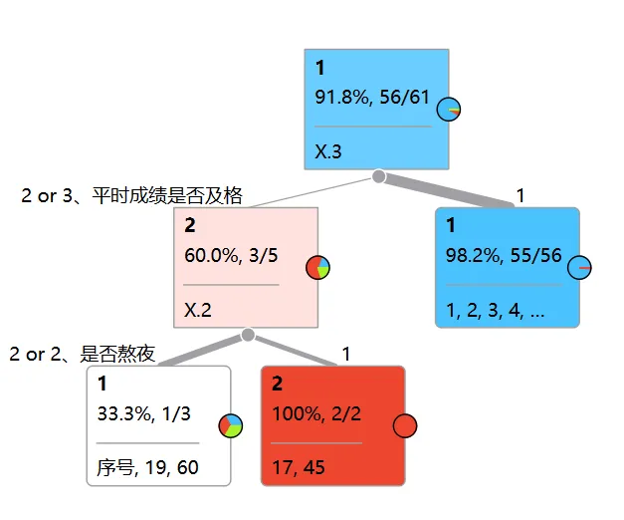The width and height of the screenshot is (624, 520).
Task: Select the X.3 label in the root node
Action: pyautogui.click(x=328, y=152)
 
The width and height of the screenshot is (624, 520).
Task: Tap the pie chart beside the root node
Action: pyautogui.click(x=449, y=109)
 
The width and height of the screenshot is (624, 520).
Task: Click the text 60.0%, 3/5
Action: pyautogui.click(x=231, y=254)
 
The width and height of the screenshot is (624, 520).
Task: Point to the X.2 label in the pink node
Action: pyautogui.click(x=198, y=310)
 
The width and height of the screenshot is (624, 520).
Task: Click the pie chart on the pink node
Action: pyautogui.click(x=318, y=267)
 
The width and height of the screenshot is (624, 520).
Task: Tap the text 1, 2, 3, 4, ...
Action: pyautogui.click(x=496, y=310)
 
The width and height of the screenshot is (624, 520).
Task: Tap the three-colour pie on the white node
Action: pyautogui.click(x=231, y=425)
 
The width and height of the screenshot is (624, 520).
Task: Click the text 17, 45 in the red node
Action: pyautogui.click(x=298, y=467)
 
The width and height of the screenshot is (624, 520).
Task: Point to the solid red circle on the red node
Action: pyautogui.click(x=404, y=426)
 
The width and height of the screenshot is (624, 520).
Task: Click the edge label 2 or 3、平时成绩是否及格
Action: pyautogui.click(x=132, y=195)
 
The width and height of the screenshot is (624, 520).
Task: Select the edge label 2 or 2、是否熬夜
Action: pyautogui.click(x=83, y=354)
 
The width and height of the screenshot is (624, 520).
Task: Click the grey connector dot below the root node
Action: pyautogui.click(x=378, y=176)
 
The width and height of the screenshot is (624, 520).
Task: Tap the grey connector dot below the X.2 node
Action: pyautogui.click(x=248, y=335)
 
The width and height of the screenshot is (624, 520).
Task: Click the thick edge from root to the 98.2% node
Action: pyautogui.click(x=453, y=190)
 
